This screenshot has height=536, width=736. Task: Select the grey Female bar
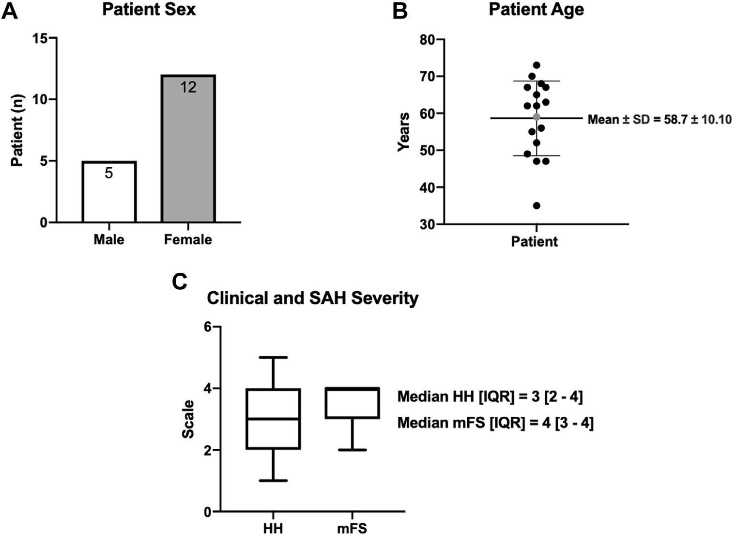[188, 155]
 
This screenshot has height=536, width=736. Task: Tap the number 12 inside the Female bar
[188, 87]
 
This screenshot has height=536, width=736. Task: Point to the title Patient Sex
[149, 10]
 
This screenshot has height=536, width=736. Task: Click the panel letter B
[400, 11]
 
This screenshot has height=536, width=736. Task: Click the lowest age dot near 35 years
[537, 205]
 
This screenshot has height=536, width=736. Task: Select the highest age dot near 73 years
[537, 65]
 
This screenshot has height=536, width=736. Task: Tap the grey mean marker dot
[537, 117]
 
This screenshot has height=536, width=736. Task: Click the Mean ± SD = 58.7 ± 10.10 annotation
[659, 119]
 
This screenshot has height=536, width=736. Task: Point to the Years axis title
[404, 132]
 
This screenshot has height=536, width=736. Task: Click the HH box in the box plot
[274, 419]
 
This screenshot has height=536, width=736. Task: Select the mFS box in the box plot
[352, 403]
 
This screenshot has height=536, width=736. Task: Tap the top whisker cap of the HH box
[274, 357]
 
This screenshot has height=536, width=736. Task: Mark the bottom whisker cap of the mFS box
[352, 450]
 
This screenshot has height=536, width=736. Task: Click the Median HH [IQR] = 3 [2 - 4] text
[490, 397]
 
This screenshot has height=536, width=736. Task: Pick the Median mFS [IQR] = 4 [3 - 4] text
[495, 423]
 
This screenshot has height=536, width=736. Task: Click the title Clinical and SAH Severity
[312, 298]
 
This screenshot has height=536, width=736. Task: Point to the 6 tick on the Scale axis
[208, 327]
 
